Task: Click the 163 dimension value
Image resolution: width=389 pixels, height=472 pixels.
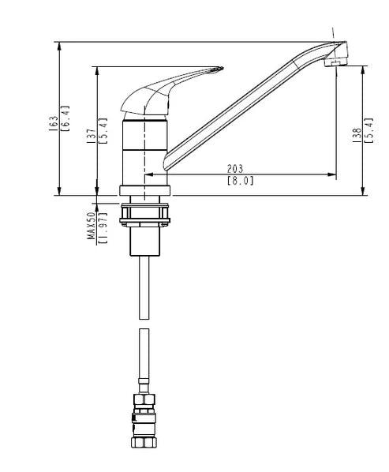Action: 53,123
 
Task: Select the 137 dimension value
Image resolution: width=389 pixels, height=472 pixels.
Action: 92,136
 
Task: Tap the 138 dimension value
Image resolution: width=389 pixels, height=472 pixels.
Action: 357,135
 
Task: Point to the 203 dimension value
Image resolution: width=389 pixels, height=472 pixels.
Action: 235,169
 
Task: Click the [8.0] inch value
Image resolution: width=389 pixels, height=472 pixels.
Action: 240,181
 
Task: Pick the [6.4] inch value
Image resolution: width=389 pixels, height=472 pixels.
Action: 65,118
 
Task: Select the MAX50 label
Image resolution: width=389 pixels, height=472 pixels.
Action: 92,226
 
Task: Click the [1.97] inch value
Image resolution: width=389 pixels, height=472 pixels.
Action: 103,228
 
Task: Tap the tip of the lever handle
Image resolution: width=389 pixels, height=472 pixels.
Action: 222,68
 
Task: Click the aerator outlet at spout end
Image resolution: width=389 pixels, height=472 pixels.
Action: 335,63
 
